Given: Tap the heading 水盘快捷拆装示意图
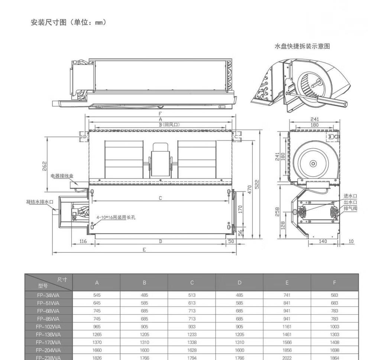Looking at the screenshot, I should point(302,46).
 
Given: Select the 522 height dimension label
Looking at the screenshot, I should point(257,184).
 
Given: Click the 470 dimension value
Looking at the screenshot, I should point(250,189).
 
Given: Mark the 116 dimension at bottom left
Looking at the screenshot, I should point(83,241).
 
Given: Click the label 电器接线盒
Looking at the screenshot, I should point(62,176).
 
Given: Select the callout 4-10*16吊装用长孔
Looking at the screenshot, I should point(116,217).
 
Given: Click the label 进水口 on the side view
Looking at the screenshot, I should point(350,196).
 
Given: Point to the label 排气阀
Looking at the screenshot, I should point(350,208).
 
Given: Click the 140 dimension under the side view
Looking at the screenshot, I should point(323,241).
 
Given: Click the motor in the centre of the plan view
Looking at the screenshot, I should point(161,159).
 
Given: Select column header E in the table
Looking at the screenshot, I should point(287,283).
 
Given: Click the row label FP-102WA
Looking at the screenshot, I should point(48,327).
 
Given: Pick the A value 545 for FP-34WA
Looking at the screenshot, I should point(97,295).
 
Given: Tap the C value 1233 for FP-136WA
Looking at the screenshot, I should point(192,335).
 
